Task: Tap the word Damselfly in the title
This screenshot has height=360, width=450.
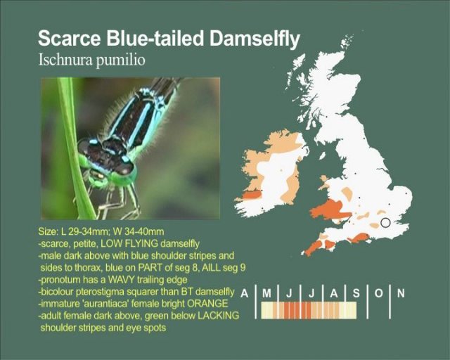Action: pyautogui.click(x=255, y=39)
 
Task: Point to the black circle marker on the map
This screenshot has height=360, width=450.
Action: pyautogui.click(x=385, y=222)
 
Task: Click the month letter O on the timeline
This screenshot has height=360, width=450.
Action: pyautogui.click(x=378, y=293)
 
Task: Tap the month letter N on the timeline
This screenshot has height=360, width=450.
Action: pyautogui.click(x=401, y=293)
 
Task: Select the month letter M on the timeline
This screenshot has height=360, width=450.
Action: pyautogui.click(x=267, y=293)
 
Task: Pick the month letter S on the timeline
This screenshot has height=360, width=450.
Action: pyautogui.click(x=356, y=293)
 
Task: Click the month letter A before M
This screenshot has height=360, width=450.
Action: pyautogui.click(x=244, y=293)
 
